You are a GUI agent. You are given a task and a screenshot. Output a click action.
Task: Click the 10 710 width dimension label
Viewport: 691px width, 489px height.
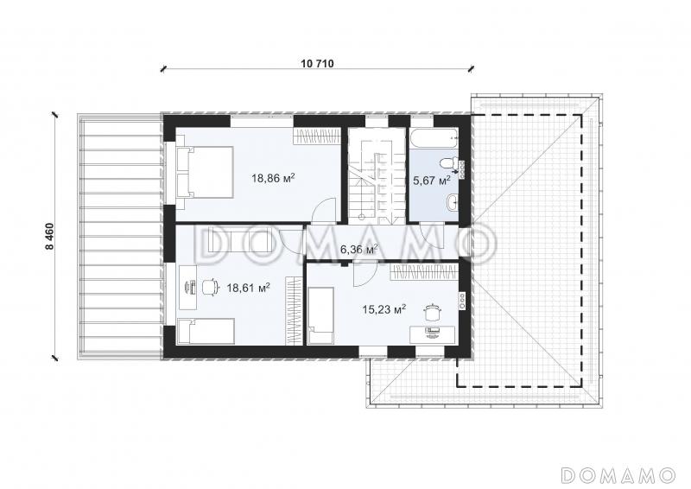point(317,63)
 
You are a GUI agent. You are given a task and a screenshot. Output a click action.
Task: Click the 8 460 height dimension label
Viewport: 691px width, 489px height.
point(50,237)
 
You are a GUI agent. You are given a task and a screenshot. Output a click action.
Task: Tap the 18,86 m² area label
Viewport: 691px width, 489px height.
point(273,178)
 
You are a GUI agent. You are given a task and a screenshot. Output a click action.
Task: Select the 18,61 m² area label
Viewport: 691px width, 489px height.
point(248,288)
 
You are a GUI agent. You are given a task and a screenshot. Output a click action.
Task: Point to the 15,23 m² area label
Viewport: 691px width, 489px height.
point(384,309)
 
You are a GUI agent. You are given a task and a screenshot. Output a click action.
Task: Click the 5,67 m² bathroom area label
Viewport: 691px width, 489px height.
point(431,180)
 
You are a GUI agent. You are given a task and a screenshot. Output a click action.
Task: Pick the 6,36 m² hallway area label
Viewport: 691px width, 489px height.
point(359,250)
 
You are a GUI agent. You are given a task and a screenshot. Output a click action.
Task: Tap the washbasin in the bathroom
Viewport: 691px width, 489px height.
point(452,203)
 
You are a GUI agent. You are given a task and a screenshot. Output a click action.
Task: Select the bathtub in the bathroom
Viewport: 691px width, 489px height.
point(434,138)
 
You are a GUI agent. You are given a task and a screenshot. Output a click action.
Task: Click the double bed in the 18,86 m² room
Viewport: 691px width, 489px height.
point(205,172)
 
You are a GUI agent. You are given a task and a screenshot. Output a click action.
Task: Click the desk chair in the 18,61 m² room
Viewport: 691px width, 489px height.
point(210,288)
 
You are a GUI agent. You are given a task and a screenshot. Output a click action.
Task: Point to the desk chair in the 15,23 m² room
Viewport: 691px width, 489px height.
point(431,313)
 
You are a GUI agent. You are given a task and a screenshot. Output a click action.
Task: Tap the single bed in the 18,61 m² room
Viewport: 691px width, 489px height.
point(206,332)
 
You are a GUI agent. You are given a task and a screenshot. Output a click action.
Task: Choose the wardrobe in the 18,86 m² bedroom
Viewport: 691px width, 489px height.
point(317,136)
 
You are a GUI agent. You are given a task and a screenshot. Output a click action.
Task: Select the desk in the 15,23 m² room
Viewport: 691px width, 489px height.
point(432,334)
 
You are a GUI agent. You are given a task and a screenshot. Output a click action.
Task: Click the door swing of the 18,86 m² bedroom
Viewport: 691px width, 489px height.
point(325,208)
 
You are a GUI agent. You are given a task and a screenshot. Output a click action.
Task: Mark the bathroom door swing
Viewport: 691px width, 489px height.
point(431,232)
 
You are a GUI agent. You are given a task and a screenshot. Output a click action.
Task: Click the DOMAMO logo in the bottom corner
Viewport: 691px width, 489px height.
point(618,474)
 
